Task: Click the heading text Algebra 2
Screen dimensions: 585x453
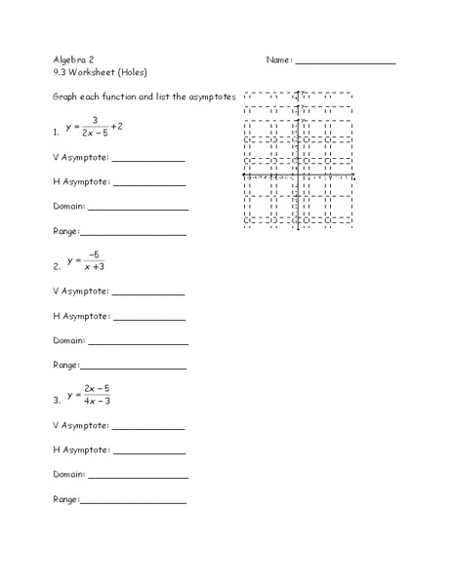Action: (73, 59)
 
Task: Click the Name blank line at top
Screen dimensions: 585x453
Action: (345, 63)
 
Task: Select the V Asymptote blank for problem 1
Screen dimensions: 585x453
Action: (147, 161)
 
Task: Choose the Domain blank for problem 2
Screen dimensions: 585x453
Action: (138, 343)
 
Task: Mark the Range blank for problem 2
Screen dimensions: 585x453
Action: (132, 369)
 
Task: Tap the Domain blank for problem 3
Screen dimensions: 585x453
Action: (138, 477)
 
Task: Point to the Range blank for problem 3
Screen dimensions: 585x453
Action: (132, 502)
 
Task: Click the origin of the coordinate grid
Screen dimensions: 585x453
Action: (299, 177)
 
